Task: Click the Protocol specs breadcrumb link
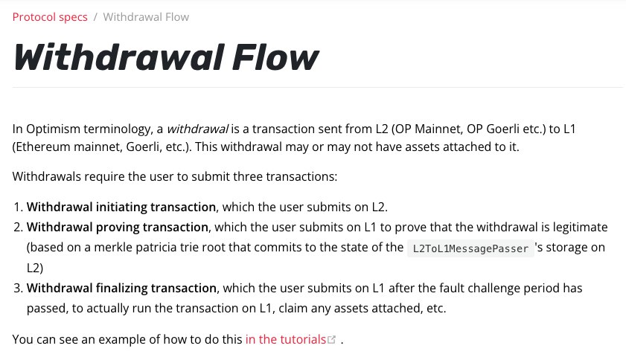(x=50, y=17)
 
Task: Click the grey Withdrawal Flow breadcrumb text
(x=146, y=17)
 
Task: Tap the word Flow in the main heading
(x=275, y=57)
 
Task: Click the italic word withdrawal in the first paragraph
(x=197, y=129)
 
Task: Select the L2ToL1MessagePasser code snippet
(x=470, y=248)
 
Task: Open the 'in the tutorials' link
(x=285, y=339)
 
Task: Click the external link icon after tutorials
(x=332, y=340)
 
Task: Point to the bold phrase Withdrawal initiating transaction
(x=121, y=207)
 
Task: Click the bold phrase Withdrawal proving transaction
(x=118, y=227)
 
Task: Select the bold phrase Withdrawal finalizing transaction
(x=121, y=288)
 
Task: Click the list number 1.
(x=19, y=207)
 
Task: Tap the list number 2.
(x=19, y=227)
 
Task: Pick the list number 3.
(x=19, y=288)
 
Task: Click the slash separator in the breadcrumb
(x=95, y=17)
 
